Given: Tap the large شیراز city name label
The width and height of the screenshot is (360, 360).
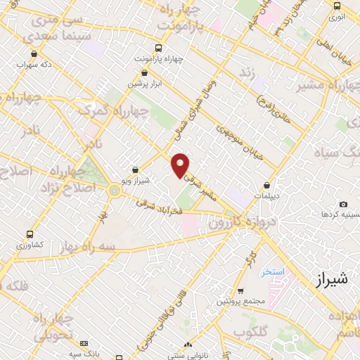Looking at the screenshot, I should tap(328, 279).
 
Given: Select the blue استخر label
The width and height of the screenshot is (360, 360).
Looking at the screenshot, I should tap(272, 271).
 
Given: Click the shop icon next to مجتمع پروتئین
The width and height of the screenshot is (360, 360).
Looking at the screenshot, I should tap(240, 291).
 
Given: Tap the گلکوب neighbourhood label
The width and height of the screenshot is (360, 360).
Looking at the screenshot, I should tap(252, 331).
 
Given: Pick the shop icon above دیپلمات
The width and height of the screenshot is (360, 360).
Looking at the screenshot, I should tap(266, 186).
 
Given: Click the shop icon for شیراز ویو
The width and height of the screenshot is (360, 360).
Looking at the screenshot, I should tap(135, 169).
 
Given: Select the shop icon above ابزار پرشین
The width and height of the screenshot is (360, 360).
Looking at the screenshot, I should tap(144, 72).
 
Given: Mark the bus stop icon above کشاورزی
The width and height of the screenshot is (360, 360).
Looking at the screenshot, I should tap(29, 234).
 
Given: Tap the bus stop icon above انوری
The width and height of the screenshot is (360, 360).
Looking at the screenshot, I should tap(335, 6).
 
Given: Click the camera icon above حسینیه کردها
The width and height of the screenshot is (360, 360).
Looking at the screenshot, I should tap(326, 202).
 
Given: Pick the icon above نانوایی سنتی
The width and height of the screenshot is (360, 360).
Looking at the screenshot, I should tap(187, 345).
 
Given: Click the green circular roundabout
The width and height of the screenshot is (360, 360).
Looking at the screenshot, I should tap(114, 189).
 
